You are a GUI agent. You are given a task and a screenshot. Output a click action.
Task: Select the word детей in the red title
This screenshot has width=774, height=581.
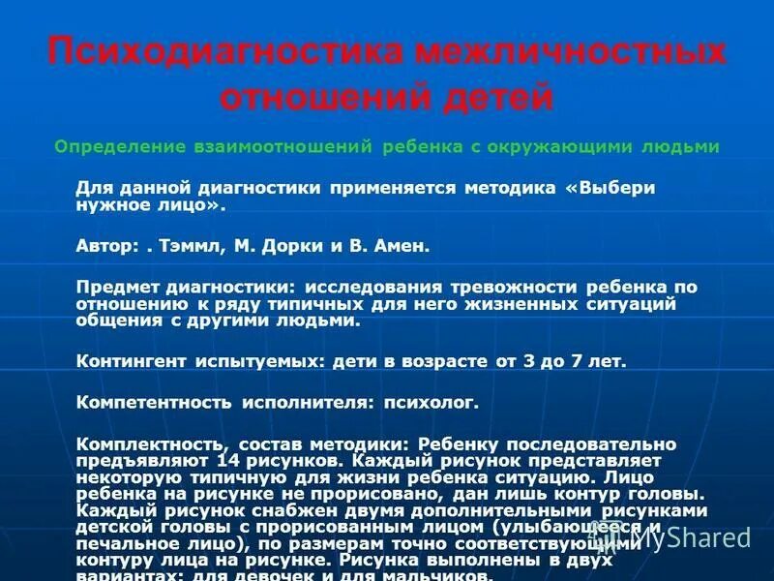click(x=493, y=98)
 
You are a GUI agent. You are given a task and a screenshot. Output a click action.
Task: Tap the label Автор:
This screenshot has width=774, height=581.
click(x=106, y=246)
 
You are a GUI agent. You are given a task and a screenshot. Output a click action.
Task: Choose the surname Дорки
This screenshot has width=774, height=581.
click(x=294, y=246)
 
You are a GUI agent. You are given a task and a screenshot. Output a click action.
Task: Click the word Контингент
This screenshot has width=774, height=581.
click(x=134, y=361)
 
